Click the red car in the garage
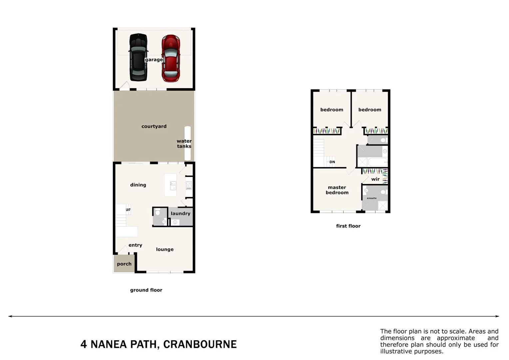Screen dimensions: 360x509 tap(171, 59)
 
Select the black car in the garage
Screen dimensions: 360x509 tap(138, 57)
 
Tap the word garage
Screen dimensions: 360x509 tap(154, 60)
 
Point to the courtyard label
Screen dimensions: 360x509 tap(154, 126)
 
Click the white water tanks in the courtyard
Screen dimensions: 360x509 tap(188, 143)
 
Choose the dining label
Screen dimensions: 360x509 tap(138, 185)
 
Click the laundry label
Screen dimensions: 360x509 tap(181, 214)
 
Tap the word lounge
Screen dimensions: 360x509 tap(165, 249)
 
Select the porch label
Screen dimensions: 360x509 tap(124, 264)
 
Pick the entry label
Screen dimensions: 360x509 tap(135, 245)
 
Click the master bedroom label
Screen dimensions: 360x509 tap(337, 190)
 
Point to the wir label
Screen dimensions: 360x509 tap(375, 179)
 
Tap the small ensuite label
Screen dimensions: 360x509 tap(372, 198)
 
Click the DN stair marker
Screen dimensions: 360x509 tap(332, 162)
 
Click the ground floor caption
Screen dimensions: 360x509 tap(146, 290)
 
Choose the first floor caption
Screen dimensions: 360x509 tap(348, 226)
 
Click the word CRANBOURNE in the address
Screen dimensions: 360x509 tap(200, 344)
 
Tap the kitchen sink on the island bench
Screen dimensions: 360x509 tap(173, 185)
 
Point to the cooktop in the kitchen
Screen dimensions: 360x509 tap(189, 185)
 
